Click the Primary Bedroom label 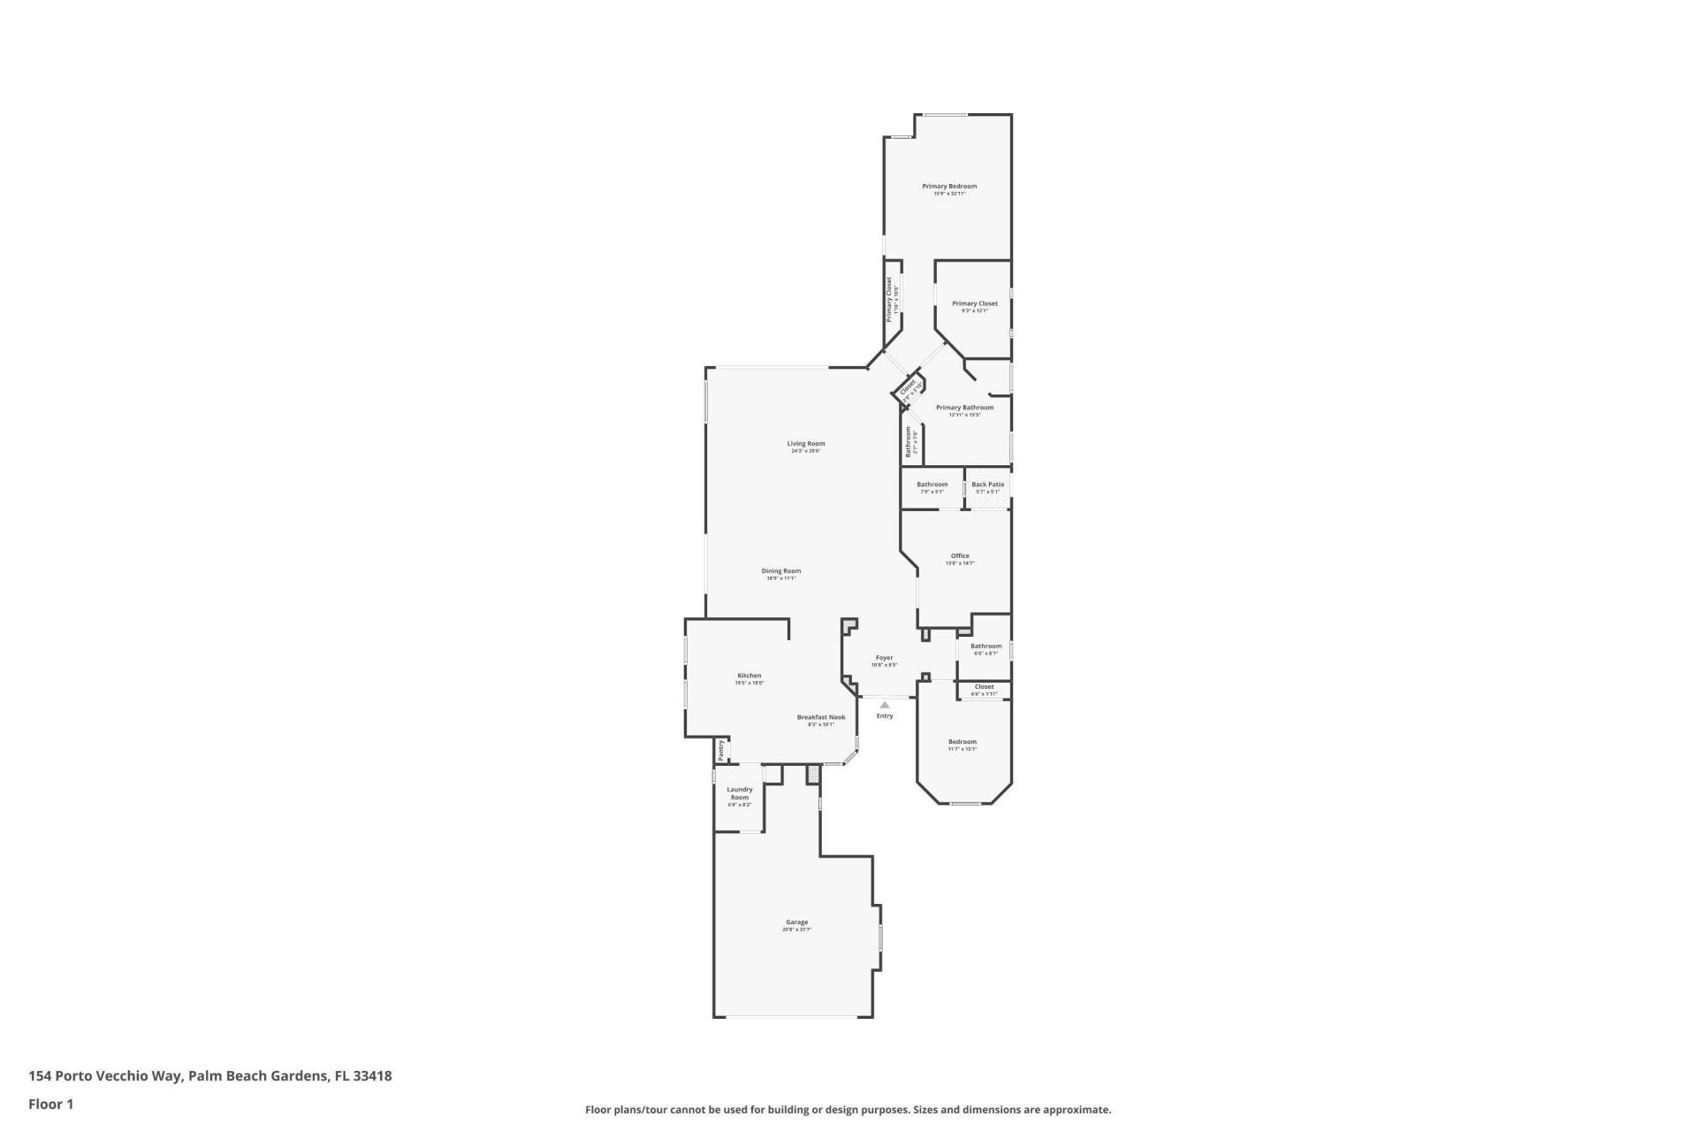coord(949,187)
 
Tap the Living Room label coord(806,444)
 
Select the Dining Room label coord(781,571)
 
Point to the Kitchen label coord(749,676)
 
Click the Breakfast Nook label coord(820,717)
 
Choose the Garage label coord(796,922)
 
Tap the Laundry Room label coord(740,793)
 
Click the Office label coord(960,556)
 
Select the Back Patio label coord(987,485)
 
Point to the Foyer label coord(885,658)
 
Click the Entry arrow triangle coord(885,705)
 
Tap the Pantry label coord(721,750)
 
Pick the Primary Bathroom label coord(964,408)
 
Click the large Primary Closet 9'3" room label coord(974,303)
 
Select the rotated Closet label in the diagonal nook coord(908,388)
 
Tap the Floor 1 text coord(50,1104)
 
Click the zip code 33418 coord(372,1076)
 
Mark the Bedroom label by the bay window coord(963,742)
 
